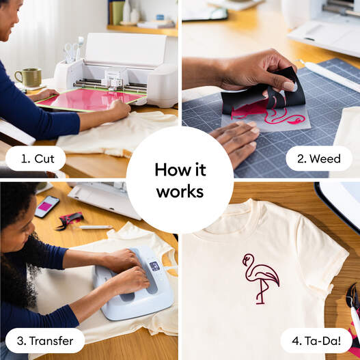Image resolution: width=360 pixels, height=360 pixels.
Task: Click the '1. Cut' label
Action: [36, 158]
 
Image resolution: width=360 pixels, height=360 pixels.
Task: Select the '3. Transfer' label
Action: [44, 340]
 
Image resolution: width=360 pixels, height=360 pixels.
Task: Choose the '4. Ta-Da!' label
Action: [316, 340]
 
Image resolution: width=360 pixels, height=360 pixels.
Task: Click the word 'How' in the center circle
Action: [180, 169]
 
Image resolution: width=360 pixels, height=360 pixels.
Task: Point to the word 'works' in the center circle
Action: [180, 192]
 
